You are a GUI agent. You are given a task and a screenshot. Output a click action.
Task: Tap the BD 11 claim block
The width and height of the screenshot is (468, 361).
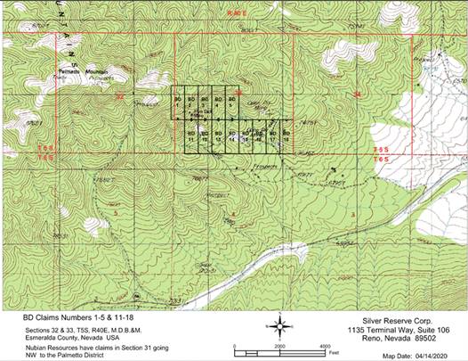pyautogui.click(x=191, y=137)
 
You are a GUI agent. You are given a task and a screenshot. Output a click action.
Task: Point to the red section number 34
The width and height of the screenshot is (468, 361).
pyautogui.click(x=358, y=94)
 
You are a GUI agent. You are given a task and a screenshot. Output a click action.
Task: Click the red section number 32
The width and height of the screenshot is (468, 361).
pyautogui.click(x=117, y=94)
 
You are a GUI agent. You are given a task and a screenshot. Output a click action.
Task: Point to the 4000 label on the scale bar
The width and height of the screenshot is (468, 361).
pyautogui.click(x=324, y=345)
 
